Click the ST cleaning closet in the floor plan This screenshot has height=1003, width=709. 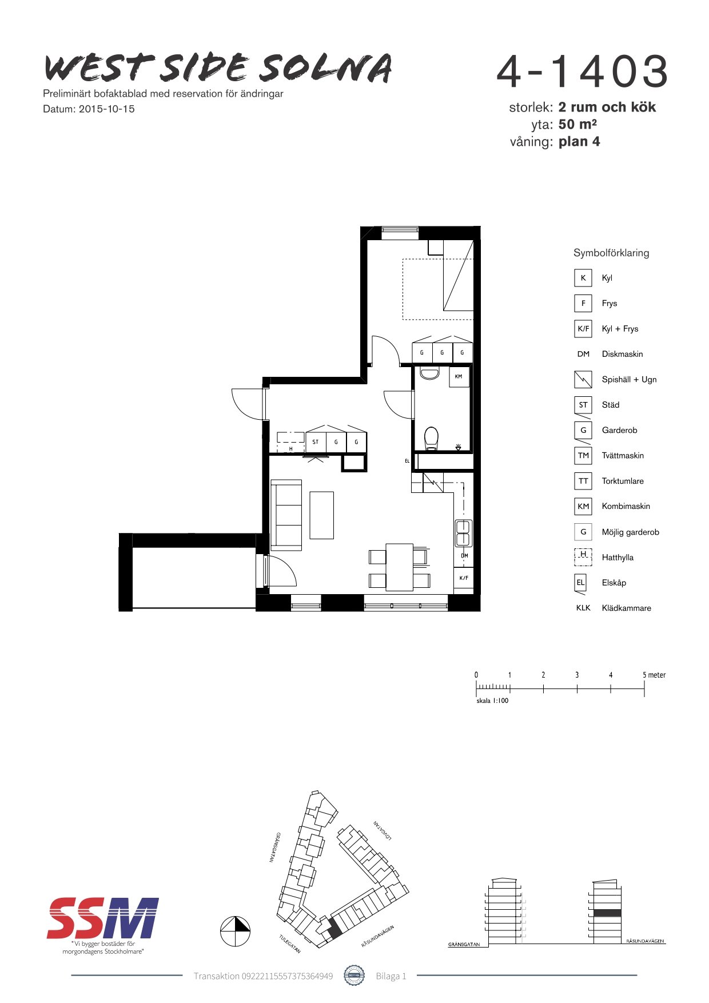316,441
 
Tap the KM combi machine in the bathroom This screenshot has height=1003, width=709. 459,377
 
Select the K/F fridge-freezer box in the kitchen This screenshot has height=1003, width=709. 464,578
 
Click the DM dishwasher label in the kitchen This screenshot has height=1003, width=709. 464,556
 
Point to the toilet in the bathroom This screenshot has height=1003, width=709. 431,439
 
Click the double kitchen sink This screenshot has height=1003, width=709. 463,533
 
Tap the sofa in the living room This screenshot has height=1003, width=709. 286,515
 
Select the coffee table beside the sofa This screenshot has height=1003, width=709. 321,515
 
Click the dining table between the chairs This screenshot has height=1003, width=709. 399,567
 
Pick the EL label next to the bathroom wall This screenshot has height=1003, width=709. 407,461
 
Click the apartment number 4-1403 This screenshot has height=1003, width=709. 582,71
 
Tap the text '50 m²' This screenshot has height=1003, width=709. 577,124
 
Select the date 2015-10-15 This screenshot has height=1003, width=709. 107,109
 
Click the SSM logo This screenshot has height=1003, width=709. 103,918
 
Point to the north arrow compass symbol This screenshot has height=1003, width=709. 236,932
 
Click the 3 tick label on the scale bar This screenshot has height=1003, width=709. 577,675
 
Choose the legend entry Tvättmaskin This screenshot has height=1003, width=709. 623,456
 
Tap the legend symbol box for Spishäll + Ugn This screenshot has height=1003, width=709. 583,380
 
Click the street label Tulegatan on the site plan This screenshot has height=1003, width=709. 290,944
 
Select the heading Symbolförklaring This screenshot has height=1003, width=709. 611,253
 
